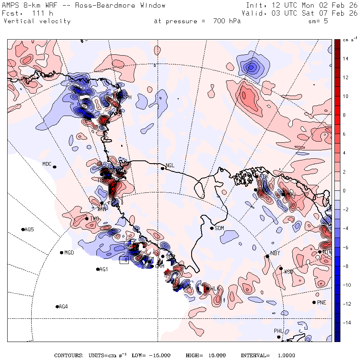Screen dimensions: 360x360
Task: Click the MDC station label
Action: pyautogui.click(x=47, y=164)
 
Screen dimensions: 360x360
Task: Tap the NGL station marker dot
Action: pyautogui.click(x=163, y=168)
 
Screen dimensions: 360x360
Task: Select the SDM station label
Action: pyautogui.click(x=220, y=228)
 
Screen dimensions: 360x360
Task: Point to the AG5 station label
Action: pyautogui.click(x=29, y=230)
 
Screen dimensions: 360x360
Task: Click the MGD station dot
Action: pyautogui.click(x=61, y=253)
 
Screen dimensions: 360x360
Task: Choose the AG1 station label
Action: pyautogui.click(x=104, y=270)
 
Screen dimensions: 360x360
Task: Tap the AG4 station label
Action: pyautogui.click(x=63, y=307)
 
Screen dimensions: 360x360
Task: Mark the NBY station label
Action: pyautogui.click(x=275, y=253)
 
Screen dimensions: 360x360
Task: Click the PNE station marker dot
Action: pyautogui.click(x=314, y=302)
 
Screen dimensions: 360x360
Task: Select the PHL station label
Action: pyautogui.click(x=278, y=331)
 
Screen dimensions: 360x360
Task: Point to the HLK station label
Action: pyautogui.click(x=215, y=289)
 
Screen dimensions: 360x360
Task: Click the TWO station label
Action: pyautogui.click(x=94, y=218)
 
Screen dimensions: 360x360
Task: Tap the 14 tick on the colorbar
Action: pyautogui.click(x=345, y=59)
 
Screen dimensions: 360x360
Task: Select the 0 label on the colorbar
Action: pyautogui.click(x=344, y=191)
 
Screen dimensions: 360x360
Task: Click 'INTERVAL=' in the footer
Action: pyautogui.click(x=255, y=356)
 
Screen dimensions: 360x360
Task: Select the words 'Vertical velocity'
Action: pyautogui.click(x=37, y=21)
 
